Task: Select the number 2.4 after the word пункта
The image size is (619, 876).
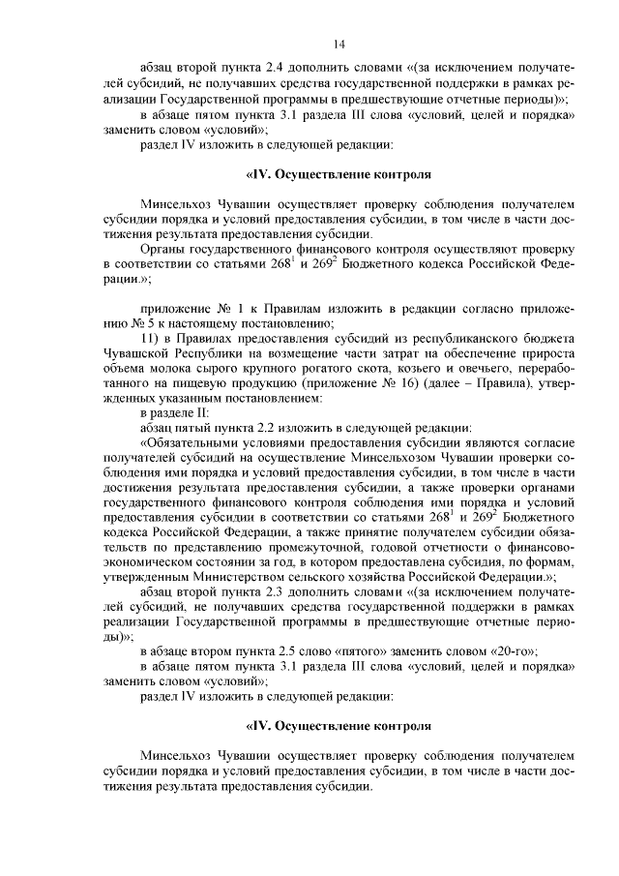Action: click(286, 71)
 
